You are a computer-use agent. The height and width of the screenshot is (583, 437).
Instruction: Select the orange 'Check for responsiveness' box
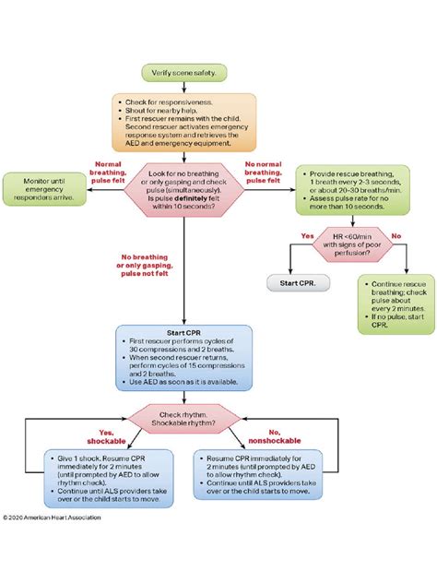pyautogui.click(x=184, y=121)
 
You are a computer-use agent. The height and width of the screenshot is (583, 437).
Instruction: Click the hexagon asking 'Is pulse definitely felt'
pyautogui.click(x=184, y=187)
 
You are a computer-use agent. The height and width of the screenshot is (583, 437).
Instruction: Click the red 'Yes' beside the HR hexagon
pyautogui.click(x=307, y=235)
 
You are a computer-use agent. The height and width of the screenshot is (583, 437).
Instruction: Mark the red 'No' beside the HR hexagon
pyautogui.click(x=396, y=235)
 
